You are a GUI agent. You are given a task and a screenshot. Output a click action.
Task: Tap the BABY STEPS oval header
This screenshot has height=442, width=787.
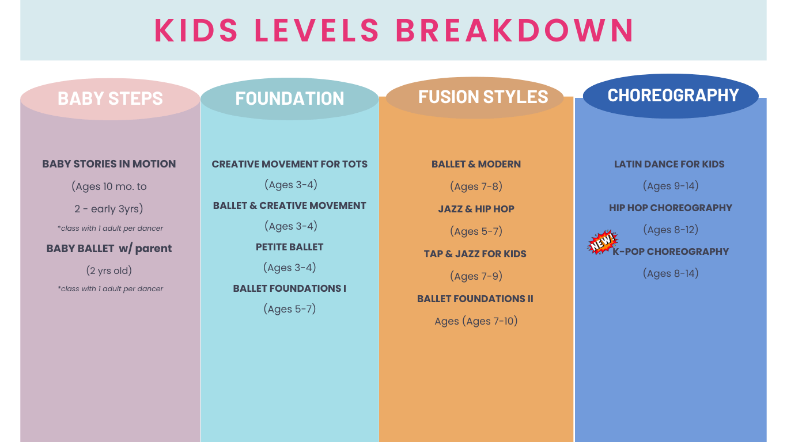click(x=110, y=98)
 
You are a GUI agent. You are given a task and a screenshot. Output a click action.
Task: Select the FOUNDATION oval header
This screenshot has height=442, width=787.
click(x=290, y=98)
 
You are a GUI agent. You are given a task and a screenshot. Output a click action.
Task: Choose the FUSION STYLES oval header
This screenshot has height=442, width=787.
click(x=483, y=97)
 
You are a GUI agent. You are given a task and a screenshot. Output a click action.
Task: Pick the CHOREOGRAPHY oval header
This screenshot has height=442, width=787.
click(x=673, y=95)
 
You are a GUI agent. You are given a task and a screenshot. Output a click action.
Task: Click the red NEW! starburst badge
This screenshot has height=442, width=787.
click(x=602, y=243)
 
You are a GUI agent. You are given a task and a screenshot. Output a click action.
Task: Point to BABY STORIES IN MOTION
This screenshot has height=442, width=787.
click(x=109, y=164)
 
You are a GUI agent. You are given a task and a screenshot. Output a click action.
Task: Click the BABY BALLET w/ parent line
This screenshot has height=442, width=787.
click(x=109, y=249)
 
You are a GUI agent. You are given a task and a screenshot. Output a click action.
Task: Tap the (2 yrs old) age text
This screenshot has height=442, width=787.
click(x=109, y=270)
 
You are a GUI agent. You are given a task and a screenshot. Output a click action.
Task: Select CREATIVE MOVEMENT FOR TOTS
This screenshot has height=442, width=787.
click(x=290, y=164)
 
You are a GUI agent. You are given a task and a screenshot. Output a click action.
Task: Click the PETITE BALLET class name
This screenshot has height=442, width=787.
click(x=290, y=247)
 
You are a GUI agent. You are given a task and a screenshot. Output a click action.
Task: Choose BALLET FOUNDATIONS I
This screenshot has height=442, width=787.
click(x=290, y=288)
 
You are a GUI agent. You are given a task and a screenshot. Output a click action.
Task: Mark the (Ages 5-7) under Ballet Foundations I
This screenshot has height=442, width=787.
click(x=290, y=309)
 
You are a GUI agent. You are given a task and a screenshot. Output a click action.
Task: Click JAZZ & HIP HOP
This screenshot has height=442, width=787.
click(x=476, y=209)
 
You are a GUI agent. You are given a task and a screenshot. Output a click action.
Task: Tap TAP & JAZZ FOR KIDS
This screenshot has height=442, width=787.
click(x=475, y=254)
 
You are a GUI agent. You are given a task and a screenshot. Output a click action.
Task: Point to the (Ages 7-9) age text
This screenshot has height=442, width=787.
click(x=476, y=276)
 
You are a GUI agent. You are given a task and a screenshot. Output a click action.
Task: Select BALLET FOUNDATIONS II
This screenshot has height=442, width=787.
click(x=475, y=299)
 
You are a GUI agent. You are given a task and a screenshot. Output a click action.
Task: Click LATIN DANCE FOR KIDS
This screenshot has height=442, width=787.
click(x=669, y=164)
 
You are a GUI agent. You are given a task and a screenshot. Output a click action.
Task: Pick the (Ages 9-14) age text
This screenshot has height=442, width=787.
click(x=671, y=186)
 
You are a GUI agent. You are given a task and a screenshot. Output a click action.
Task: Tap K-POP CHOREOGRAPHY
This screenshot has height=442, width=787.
click(x=671, y=252)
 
